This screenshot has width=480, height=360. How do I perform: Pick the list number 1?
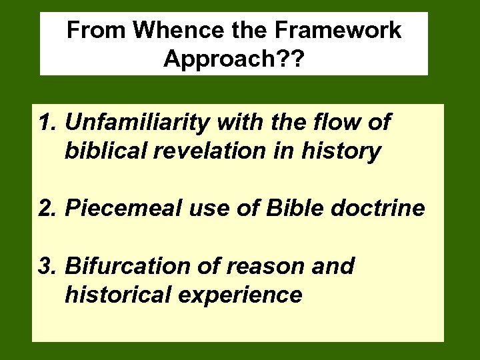(47, 123)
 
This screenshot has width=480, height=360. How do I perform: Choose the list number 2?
(47, 209)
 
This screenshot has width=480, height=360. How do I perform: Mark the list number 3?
(47, 267)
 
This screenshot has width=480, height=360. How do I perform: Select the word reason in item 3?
(261, 267)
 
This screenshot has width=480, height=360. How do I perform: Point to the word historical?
(113, 295)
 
